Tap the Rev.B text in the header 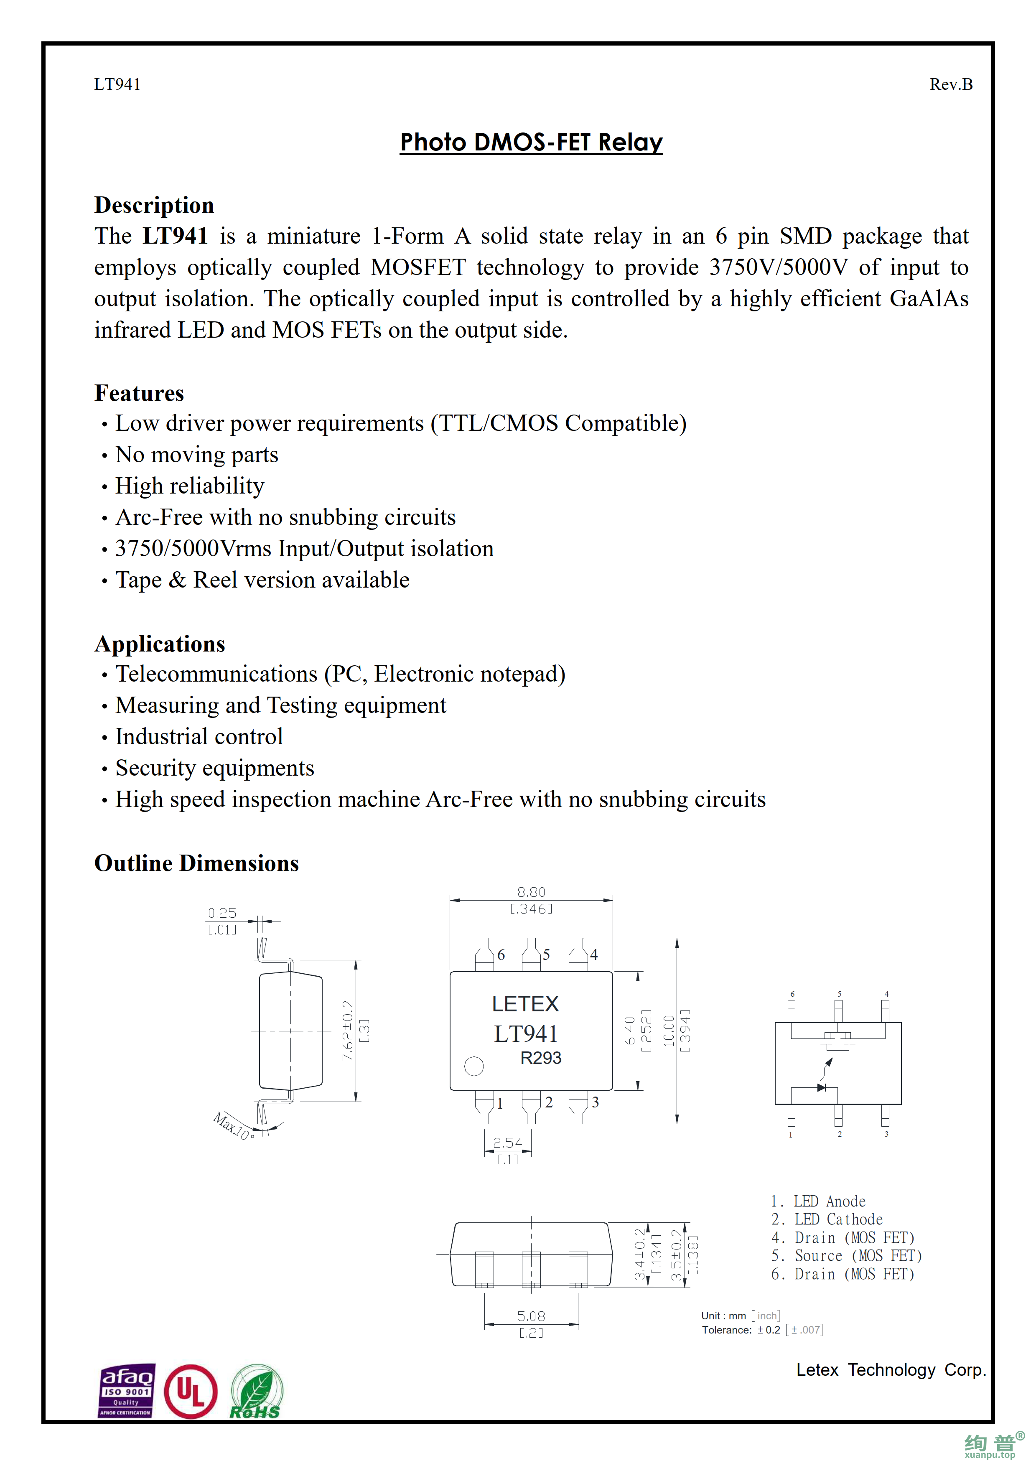pyautogui.click(x=950, y=84)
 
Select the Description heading pyautogui.click(x=154, y=205)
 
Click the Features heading pyautogui.click(x=139, y=393)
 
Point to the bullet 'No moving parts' pyautogui.click(x=196, y=455)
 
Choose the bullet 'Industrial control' pyautogui.click(x=199, y=736)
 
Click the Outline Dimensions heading pyautogui.click(x=196, y=863)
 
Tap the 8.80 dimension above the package pyautogui.click(x=531, y=892)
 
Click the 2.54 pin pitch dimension pyautogui.click(x=507, y=1142)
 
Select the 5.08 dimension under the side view pyautogui.click(x=531, y=1316)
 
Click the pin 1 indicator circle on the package pyautogui.click(x=473, y=1066)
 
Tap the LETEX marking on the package pyautogui.click(x=525, y=1004)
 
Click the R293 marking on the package pyautogui.click(x=541, y=1058)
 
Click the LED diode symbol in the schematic pyautogui.click(x=822, y=1087)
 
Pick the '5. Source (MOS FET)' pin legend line pyautogui.click(x=846, y=1255)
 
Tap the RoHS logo pyautogui.click(x=256, y=1392)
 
